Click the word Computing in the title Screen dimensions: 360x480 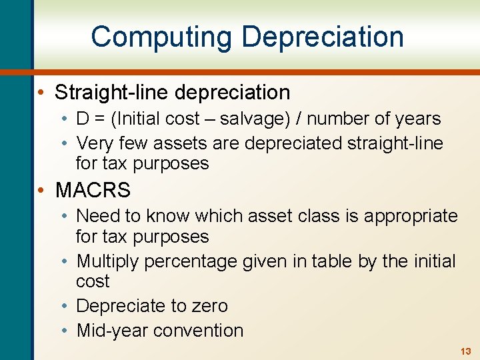point(163,37)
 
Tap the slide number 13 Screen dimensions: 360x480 point(465,351)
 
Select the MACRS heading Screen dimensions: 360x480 point(93,190)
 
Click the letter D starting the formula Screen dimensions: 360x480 point(83,119)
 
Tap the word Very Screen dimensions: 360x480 point(95,143)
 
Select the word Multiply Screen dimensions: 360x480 point(108,261)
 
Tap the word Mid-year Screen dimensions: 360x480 point(109,331)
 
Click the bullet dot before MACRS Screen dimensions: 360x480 point(41,191)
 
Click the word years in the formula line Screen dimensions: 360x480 point(417,119)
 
